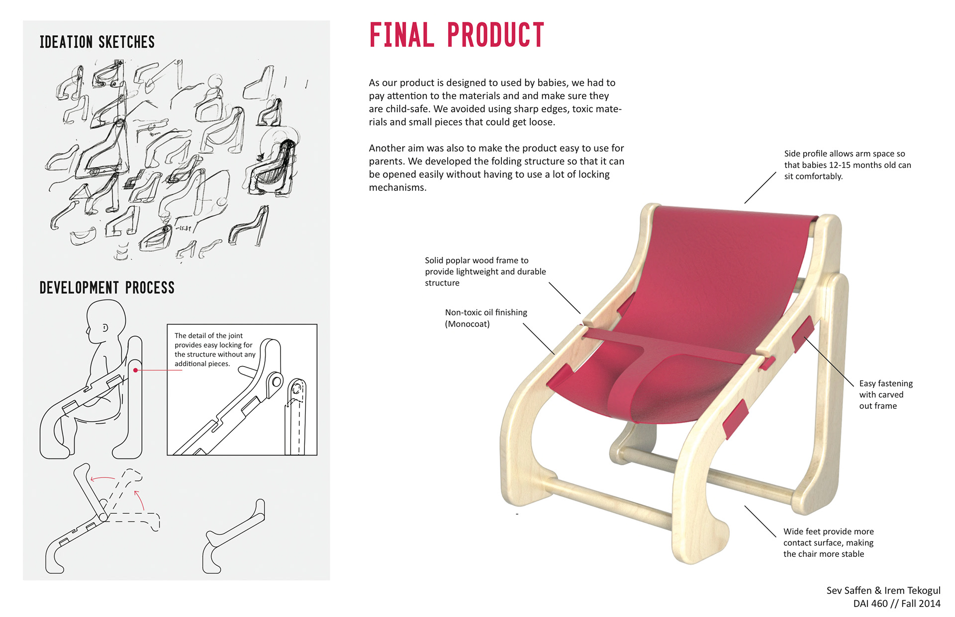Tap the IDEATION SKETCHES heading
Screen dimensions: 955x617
coord(97,42)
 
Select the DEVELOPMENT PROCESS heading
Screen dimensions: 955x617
coord(107,288)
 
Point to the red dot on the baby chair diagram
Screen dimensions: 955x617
coord(135,370)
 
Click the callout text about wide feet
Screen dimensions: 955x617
coord(828,542)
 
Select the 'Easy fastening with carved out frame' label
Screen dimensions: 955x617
coord(886,394)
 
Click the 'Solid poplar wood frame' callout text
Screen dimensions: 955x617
coord(485,271)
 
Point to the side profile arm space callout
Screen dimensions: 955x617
coord(848,165)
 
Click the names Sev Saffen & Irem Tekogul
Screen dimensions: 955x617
coord(883,590)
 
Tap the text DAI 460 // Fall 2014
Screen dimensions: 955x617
coord(897,604)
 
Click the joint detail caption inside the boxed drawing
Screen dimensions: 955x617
coord(215,350)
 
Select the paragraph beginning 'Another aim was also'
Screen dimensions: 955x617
coord(496,167)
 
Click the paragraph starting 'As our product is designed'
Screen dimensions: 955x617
coord(495,102)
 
